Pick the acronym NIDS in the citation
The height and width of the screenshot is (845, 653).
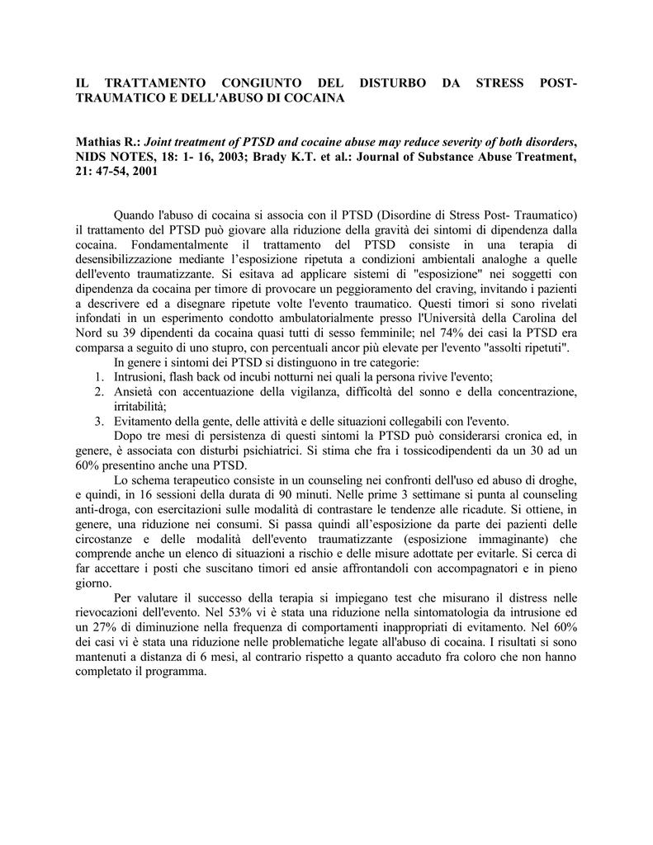(93, 158)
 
